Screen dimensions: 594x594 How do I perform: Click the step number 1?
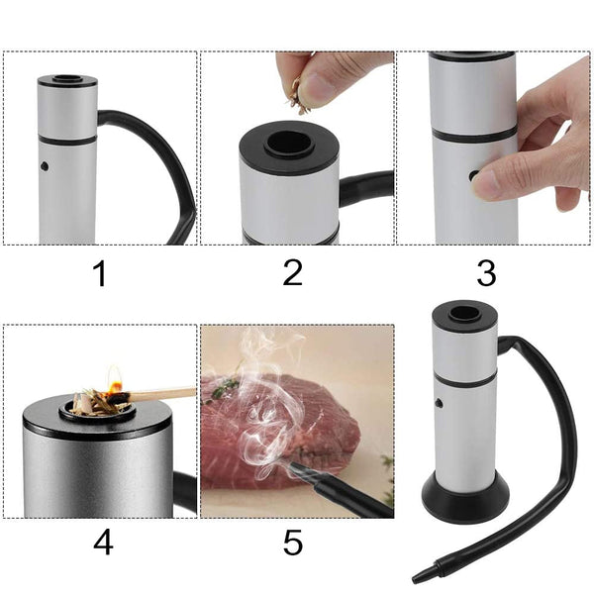coord(99,273)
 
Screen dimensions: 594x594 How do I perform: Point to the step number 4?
coord(102,543)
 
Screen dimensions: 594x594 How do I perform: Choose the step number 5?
coord(293,543)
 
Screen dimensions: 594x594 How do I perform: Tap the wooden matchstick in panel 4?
coord(158,395)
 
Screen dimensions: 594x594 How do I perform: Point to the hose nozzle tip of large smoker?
coord(424,575)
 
